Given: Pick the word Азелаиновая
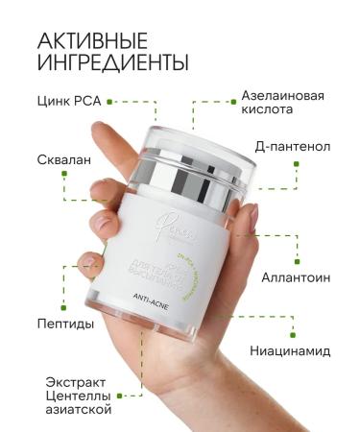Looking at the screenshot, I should click(281, 96).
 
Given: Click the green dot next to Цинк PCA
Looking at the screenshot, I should click(110, 100).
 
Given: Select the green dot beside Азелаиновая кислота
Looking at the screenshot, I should click(231, 97).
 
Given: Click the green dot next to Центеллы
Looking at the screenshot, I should click(119, 393).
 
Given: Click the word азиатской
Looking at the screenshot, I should click(78, 409).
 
